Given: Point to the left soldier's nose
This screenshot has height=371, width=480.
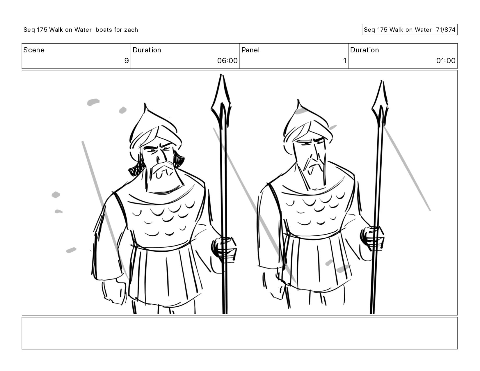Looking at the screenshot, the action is [x=160, y=157].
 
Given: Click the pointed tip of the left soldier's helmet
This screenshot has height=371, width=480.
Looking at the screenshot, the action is [x=145, y=103].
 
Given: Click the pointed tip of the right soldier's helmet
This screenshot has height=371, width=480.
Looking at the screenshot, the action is [x=298, y=100].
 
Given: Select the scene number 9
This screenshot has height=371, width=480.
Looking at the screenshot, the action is [x=126, y=61].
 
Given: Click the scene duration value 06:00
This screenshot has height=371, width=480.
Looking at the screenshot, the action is [x=227, y=61].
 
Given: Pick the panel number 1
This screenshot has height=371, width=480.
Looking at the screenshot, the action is [x=345, y=61].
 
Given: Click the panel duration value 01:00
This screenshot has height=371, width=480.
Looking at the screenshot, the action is [x=446, y=61].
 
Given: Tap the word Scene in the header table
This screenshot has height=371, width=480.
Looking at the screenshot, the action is [x=34, y=50].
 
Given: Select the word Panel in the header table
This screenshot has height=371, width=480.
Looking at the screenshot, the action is [x=250, y=50].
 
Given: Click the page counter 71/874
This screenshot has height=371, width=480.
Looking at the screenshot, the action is [x=446, y=30].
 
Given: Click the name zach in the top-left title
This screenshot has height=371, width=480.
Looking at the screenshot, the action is [x=131, y=30].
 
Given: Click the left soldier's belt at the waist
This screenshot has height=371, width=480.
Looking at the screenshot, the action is [x=161, y=248].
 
